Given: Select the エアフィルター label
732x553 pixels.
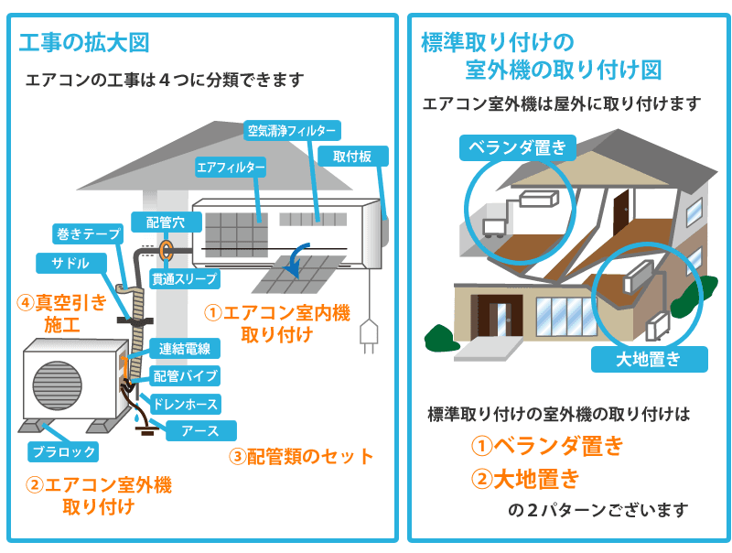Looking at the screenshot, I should pos(231,168).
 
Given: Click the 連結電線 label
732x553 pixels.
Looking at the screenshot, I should pos(185,348).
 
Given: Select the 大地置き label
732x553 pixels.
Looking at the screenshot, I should pos(649,358).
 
